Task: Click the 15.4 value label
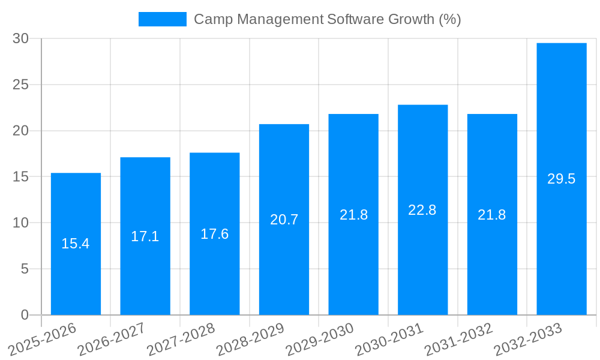pos(76,244)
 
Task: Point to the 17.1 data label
pos(145,236)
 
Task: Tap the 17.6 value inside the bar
pos(214,234)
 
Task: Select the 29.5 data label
pos(562,179)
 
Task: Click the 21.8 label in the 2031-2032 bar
pos(492,215)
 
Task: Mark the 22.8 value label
pos(422,210)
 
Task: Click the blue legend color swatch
pos(163,19)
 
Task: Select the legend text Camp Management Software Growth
pos(328,19)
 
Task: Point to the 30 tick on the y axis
pos(21,38)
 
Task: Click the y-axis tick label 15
pos(21,177)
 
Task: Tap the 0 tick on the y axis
pos(25,315)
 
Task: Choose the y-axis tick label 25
pos(21,85)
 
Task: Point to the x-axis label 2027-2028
pos(181,339)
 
